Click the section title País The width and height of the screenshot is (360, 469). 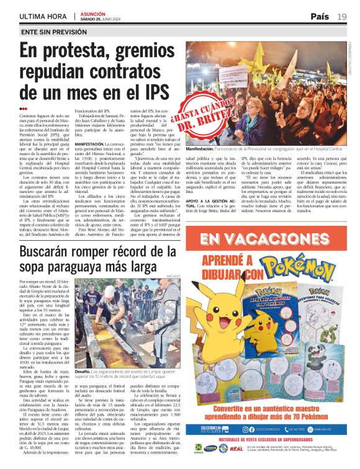[320, 16]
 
